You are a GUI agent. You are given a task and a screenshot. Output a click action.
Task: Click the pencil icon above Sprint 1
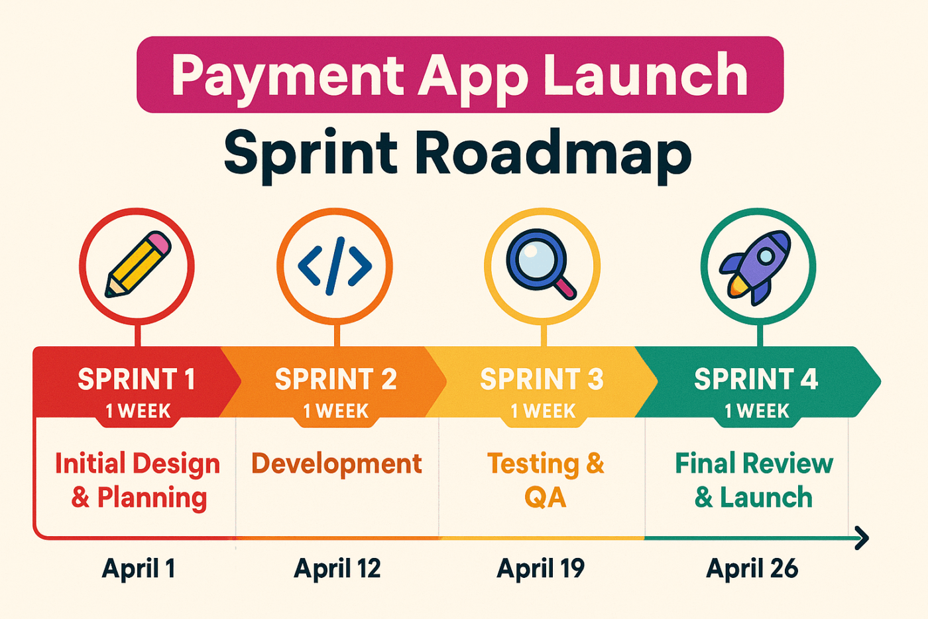point(138,264)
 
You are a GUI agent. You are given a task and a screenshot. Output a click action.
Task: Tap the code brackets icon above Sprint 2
point(335,266)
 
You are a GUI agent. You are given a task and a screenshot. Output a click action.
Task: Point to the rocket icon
point(755,267)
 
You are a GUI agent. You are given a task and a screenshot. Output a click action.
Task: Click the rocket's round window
point(766,256)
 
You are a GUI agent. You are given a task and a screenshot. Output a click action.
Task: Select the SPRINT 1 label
point(137,379)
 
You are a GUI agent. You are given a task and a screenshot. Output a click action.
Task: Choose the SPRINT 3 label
point(542,379)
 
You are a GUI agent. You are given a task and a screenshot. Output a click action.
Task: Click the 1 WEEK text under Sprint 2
point(335,411)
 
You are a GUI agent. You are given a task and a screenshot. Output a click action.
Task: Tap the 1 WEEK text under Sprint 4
point(757,411)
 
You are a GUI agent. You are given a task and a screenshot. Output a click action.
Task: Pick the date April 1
point(139,569)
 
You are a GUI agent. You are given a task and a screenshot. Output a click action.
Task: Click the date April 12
point(337,569)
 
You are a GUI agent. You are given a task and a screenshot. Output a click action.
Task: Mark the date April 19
point(541,569)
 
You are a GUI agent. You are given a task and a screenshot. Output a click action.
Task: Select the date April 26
point(752,569)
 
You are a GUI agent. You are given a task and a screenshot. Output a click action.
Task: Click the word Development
point(337,464)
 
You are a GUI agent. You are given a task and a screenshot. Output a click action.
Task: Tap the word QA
point(545,498)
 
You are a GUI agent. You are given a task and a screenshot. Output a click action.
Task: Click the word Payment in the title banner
point(288,77)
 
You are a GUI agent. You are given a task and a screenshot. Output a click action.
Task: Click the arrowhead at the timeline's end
point(862,538)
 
